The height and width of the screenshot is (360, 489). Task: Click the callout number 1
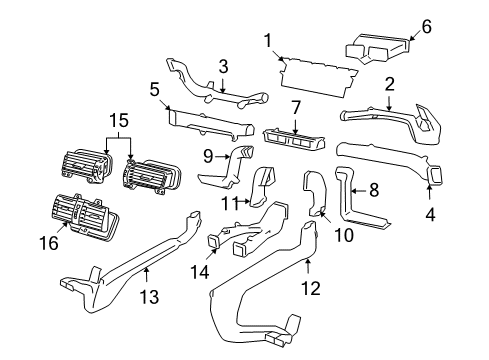pos(268,40)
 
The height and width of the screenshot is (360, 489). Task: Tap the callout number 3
pos(224,67)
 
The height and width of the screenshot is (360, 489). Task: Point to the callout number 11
pos(229,203)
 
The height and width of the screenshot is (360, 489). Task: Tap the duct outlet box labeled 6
pos(377,45)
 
